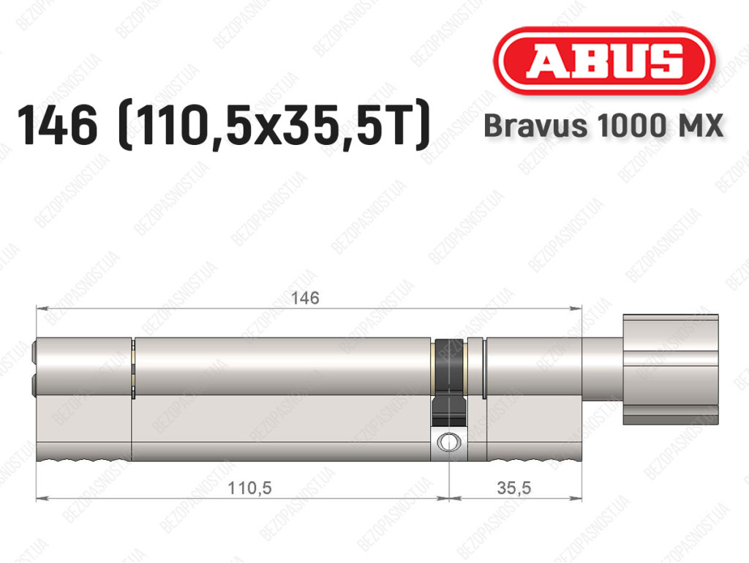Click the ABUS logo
603,61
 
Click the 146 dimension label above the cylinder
305,298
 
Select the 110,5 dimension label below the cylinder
249,488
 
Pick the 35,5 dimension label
513,488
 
